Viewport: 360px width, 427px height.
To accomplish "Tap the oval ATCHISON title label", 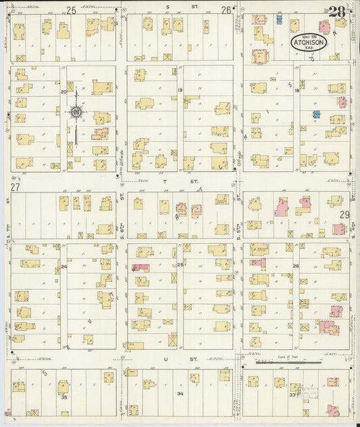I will coord(309,43).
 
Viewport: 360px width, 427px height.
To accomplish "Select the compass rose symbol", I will coord(76,111).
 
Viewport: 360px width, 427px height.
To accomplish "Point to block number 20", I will coord(63,91).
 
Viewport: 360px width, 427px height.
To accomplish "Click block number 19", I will coord(180,91).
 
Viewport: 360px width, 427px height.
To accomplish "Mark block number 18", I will coord(296,91).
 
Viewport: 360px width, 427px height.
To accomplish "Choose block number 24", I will coord(64,267).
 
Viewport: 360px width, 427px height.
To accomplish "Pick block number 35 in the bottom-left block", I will coord(64,397).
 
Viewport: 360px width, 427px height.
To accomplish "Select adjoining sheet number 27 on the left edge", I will coord(14,186).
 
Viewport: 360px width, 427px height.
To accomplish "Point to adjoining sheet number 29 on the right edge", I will coord(344,214).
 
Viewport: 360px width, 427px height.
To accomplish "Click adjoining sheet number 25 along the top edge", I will coord(71,9).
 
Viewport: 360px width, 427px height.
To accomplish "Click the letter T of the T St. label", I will coord(164,182).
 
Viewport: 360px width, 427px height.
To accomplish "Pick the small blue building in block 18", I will coord(315,115).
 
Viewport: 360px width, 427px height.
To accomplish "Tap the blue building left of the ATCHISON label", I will coord(278,20).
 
